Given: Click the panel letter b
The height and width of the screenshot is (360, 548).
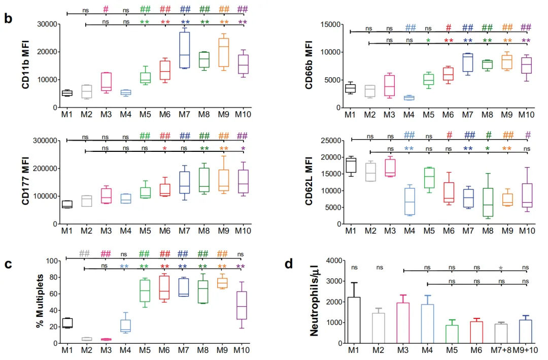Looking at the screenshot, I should pos(8,19).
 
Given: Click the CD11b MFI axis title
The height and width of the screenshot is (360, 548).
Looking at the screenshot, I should pos(26,66).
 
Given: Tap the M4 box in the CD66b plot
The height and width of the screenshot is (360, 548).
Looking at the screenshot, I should pos(408,97).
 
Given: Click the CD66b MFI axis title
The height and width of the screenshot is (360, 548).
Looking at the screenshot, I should pos(310,66).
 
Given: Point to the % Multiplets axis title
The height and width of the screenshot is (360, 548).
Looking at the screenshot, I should pos(40,302).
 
